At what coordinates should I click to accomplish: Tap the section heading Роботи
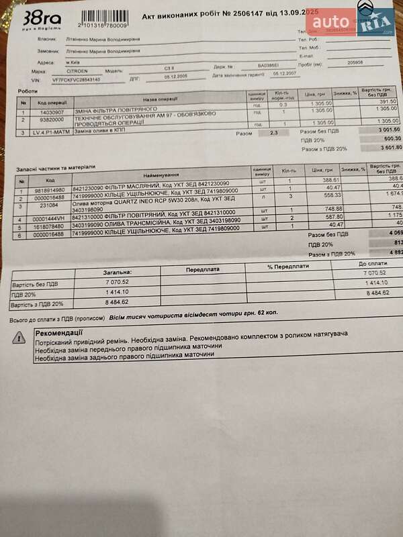click(x=28, y=91)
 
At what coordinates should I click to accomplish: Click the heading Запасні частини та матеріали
click(x=55, y=166)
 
